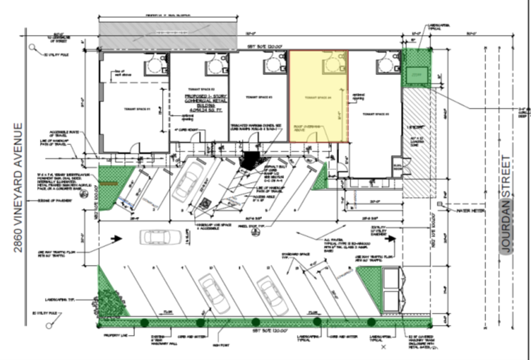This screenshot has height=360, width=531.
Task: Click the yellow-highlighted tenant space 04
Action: [x=318, y=96]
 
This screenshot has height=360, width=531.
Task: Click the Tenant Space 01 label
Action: [x=128, y=111]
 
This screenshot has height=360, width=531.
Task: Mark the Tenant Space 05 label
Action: [x=377, y=114]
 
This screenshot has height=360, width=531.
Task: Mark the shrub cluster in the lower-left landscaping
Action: [x=108, y=301]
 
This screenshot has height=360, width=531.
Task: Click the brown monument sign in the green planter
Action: [x=107, y=184]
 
